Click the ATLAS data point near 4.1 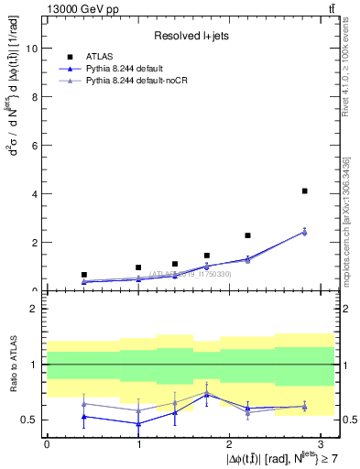coord(304,191)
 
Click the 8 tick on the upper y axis coord(36,97)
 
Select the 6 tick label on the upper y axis coord(36,146)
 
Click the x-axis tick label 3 coord(321,442)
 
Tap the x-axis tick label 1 coord(138,442)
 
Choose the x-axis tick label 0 coord(47,442)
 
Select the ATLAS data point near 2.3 coord(247,235)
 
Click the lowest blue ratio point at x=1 coord(138,423)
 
